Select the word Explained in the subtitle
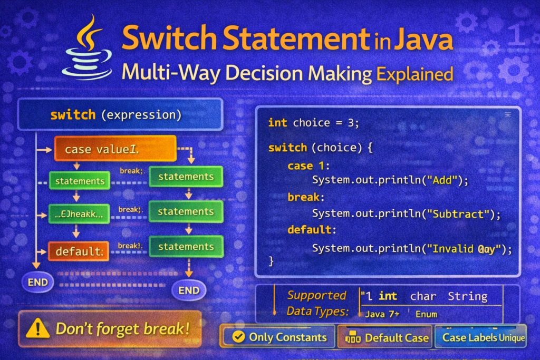tap(414, 74)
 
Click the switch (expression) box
tap(115, 115)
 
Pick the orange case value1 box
tap(115, 149)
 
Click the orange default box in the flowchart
tap(79, 251)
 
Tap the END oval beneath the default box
tap(37, 282)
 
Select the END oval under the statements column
tap(189, 290)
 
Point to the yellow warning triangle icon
tap(37, 329)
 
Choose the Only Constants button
tap(279, 337)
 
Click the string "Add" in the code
tap(443, 180)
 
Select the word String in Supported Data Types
tap(467, 296)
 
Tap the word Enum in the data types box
tap(426, 314)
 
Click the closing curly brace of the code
tap(272, 260)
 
